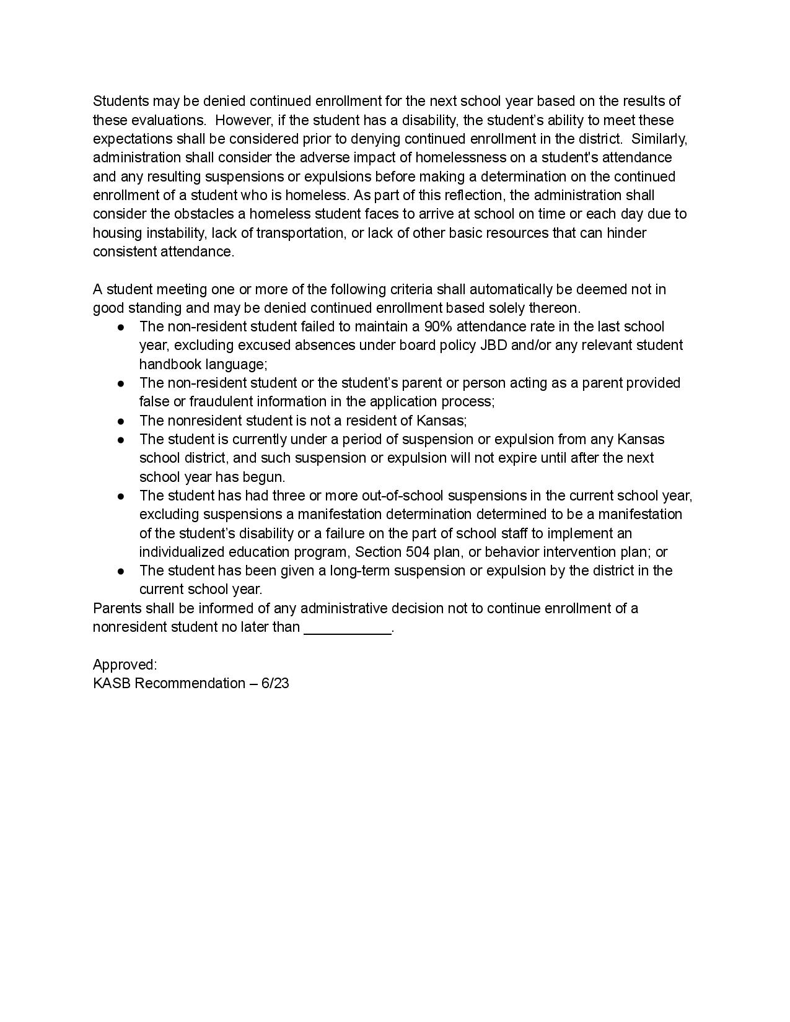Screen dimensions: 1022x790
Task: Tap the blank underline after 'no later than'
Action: [x=348, y=627]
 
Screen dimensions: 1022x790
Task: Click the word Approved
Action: [x=123, y=665]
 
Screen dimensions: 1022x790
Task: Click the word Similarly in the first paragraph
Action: [x=658, y=139]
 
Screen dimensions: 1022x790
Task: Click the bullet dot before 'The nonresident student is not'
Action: [x=122, y=421]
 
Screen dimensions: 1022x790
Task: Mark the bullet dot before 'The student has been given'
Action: [x=122, y=571]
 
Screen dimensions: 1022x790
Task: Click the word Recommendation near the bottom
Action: [x=190, y=683]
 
